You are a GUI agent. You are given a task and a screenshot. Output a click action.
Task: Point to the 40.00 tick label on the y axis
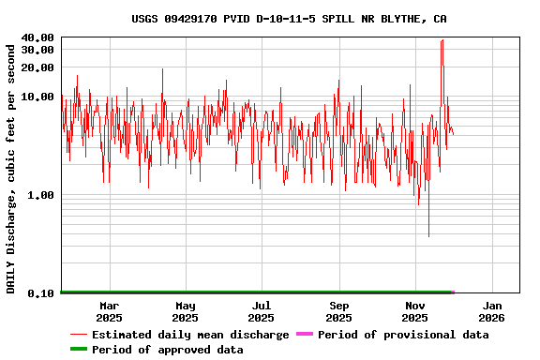(x=37, y=37)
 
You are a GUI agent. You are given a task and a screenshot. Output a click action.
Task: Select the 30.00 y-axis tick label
(x=37, y=50)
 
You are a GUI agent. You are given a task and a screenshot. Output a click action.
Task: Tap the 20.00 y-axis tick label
(x=37, y=67)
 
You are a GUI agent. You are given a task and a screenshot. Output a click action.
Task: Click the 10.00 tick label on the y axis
(x=37, y=97)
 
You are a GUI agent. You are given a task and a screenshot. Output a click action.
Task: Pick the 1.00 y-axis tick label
(x=40, y=195)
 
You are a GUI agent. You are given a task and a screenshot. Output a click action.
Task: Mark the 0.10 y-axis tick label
(x=40, y=293)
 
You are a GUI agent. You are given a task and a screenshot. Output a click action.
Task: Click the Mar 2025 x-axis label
(x=110, y=311)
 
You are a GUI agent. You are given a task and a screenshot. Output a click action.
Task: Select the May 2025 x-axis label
(x=186, y=311)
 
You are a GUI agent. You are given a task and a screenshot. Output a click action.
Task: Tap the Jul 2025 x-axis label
(x=262, y=311)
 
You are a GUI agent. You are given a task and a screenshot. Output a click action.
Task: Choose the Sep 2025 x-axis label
(x=339, y=311)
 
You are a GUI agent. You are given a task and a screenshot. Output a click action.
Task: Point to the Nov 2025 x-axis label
(x=415, y=311)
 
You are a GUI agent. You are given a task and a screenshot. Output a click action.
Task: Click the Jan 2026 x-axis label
(x=492, y=311)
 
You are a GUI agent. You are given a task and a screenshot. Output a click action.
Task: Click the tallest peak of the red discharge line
(x=442, y=40)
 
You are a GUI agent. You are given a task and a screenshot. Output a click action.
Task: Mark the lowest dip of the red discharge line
(x=428, y=236)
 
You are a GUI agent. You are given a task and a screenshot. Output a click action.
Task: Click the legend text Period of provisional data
(x=403, y=335)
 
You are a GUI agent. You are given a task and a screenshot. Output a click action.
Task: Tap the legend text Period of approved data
(x=167, y=350)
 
